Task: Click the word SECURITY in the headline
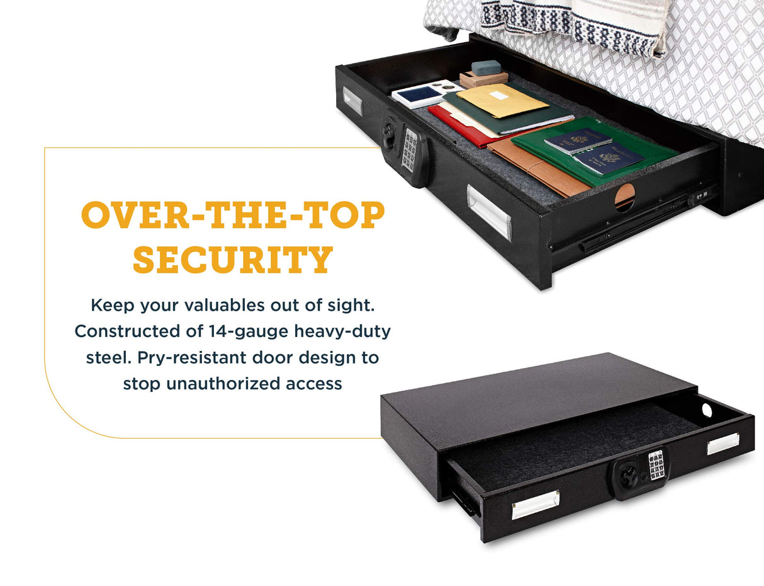pyautogui.click(x=233, y=259)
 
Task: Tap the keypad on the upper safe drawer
pyautogui.click(x=410, y=150)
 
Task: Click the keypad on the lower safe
pyautogui.click(x=656, y=465)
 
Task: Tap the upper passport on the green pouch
pyautogui.click(x=578, y=141)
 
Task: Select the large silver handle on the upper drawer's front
pyautogui.click(x=489, y=212)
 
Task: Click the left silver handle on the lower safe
pyautogui.click(x=535, y=504)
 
